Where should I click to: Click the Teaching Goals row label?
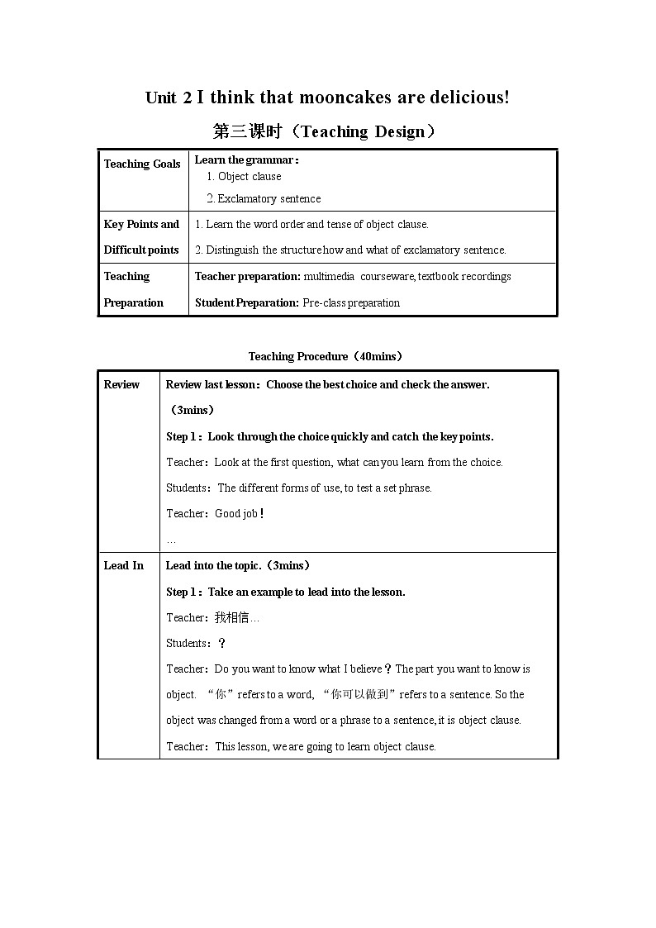(142, 164)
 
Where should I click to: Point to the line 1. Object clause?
(244, 176)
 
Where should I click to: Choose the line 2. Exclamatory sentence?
(264, 198)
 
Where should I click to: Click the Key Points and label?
(141, 224)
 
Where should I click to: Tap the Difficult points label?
(141, 250)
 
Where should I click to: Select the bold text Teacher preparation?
(247, 276)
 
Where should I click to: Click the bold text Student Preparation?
(246, 302)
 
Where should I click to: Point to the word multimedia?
(329, 276)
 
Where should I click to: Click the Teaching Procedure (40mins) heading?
(326, 356)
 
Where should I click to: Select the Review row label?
(121, 384)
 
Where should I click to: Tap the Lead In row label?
(123, 565)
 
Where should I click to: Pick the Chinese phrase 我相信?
(231, 617)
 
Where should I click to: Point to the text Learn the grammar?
(244, 159)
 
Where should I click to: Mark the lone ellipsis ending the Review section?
(171, 540)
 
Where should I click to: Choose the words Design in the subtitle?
(399, 131)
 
